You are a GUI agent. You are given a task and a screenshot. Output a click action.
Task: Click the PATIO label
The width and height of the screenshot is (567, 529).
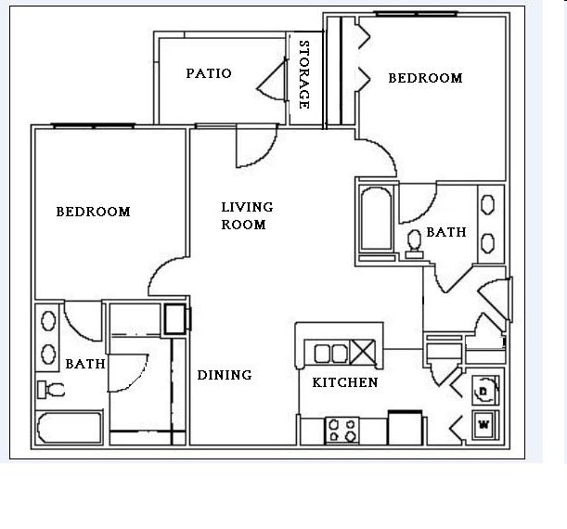209,73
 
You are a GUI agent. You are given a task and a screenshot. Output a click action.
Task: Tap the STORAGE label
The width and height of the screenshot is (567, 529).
304,74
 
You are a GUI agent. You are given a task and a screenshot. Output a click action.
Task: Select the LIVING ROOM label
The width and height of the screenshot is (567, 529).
247,216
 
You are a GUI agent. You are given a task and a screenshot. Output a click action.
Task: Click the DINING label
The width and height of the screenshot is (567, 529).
225,375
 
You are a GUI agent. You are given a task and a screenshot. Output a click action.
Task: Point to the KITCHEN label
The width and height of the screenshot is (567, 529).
345,382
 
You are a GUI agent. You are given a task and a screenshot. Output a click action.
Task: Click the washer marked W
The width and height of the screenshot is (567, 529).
485,425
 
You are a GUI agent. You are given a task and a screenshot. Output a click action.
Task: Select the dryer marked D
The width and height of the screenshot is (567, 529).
485,390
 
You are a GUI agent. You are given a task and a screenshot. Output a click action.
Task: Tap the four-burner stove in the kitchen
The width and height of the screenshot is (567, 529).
342,431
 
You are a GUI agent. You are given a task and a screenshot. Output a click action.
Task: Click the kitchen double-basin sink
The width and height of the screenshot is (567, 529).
331,354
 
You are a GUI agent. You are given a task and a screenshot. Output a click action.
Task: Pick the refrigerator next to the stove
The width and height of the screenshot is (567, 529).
405,428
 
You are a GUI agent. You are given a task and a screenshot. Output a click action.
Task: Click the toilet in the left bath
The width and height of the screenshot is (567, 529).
51,390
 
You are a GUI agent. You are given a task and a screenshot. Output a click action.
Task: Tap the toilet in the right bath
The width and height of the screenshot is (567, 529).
414,245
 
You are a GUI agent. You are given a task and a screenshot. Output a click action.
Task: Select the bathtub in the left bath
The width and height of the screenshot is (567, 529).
69,427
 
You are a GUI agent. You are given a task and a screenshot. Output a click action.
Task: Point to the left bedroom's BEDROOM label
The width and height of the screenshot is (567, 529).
94,212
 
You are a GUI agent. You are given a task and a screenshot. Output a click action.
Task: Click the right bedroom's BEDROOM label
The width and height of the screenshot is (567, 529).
425,78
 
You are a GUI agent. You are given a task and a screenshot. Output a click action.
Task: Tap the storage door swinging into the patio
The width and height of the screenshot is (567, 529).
272,80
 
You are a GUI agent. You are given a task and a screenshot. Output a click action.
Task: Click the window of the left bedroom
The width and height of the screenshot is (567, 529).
94,126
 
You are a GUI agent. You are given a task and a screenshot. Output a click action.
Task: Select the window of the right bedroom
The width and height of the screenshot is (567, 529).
416,14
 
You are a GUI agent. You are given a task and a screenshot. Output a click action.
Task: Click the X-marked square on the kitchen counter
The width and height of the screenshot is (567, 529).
362,352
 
